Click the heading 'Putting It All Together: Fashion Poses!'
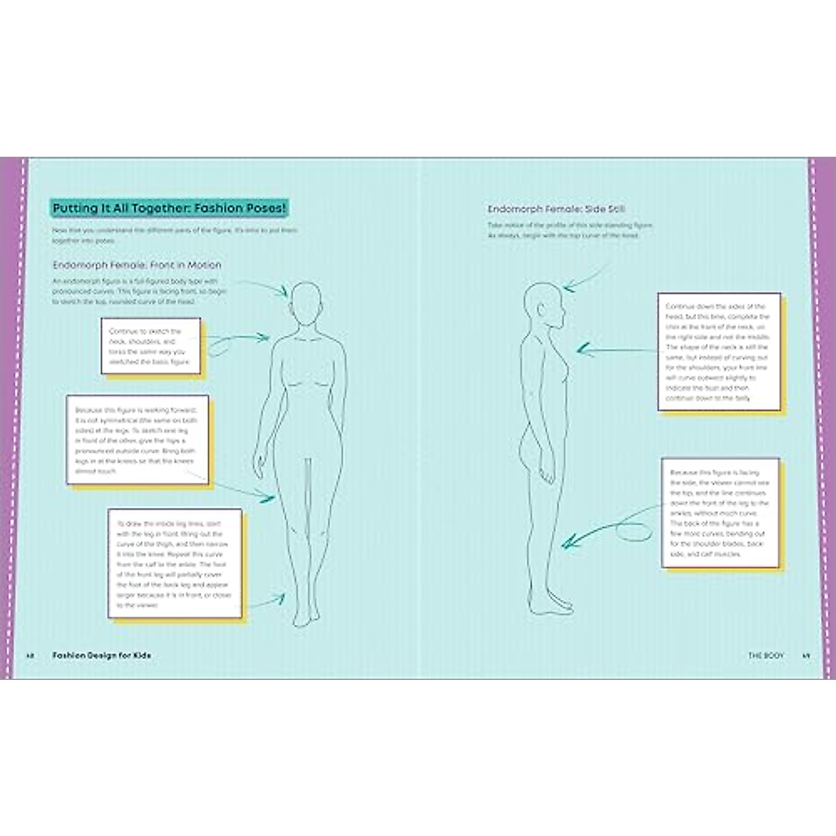(x=170, y=208)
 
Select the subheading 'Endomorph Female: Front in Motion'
(x=137, y=265)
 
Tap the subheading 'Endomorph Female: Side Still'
(x=556, y=209)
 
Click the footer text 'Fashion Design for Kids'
(x=102, y=656)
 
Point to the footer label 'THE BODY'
(x=766, y=656)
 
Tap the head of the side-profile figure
(x=543, y=307)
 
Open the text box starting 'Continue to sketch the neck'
(x=150, y=346)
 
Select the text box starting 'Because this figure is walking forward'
(x=137, y=440)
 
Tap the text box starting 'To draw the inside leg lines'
(x=175, y=563)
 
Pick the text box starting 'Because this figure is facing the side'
(x=720, y=513)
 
